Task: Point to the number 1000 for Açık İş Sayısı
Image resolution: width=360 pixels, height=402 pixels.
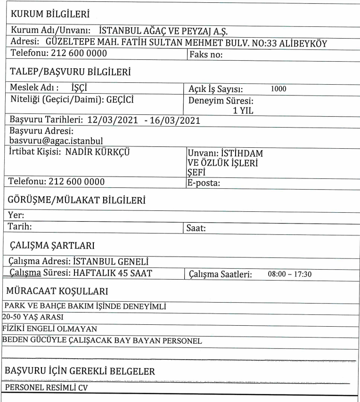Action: coord(279,88)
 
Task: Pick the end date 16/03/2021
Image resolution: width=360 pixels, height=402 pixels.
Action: coord(174,120)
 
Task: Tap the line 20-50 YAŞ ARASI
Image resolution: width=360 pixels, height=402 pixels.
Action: coord(29,316)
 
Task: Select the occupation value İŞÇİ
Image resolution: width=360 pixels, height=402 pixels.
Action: coord(77,88)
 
